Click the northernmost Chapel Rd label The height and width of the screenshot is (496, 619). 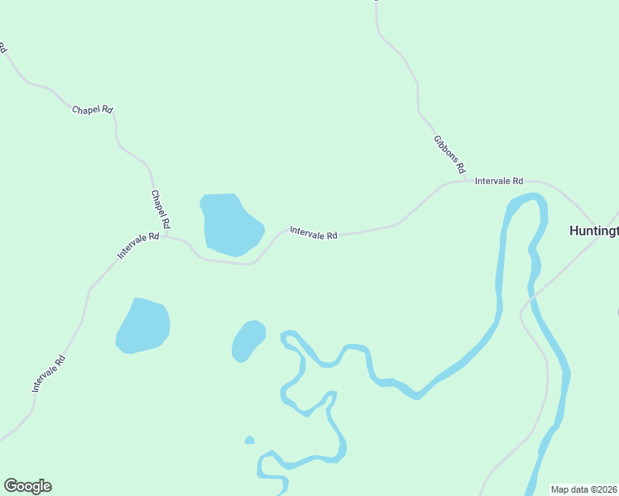coord(92,109)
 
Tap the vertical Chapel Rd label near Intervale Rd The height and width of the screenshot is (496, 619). coord(160,209)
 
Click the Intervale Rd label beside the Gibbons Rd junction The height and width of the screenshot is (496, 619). coord(499,180)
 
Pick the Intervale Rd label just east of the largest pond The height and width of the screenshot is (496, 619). coord(314,234)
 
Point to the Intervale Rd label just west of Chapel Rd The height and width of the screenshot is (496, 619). coord(138,246)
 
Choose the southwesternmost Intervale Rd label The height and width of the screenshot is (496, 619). coord(49,373)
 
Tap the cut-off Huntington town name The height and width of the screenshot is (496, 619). coord(593,231)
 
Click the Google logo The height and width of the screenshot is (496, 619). coord(27,486)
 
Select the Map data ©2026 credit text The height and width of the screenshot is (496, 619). coord(583,489)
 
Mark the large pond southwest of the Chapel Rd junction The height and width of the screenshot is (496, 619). coord(144,325)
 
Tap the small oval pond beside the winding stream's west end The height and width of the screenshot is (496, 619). coord(247,340)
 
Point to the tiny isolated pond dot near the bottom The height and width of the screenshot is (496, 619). coord(249,440)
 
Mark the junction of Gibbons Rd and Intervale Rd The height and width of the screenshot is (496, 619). coord(466,179)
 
